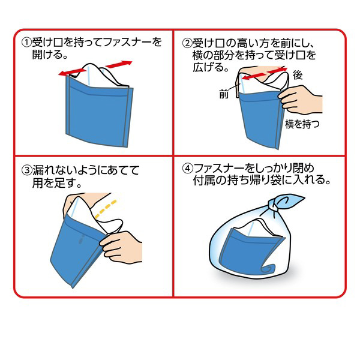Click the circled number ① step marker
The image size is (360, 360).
26,43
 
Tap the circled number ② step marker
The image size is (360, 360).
187,43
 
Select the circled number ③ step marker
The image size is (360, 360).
26,170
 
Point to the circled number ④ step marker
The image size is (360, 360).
187,169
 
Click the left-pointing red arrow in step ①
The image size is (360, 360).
72,72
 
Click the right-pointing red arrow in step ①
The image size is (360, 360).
119,64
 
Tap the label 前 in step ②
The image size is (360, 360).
224,94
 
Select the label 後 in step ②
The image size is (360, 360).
298,75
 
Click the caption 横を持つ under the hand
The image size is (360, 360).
302,124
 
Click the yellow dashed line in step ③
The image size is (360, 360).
106,209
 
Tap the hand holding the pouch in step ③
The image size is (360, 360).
122,247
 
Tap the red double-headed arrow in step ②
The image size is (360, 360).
265,73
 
